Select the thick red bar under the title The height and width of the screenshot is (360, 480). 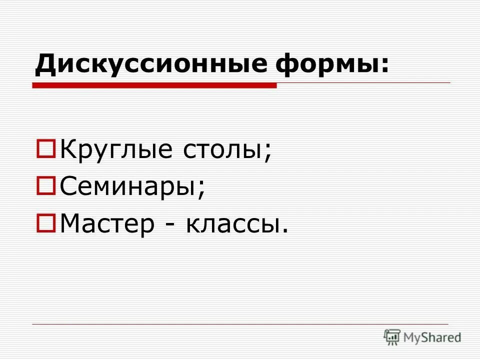[x=154, y=85]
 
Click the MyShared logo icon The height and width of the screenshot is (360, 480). [x=392, y=337]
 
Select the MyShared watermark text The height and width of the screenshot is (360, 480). [x=431, y=337]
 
